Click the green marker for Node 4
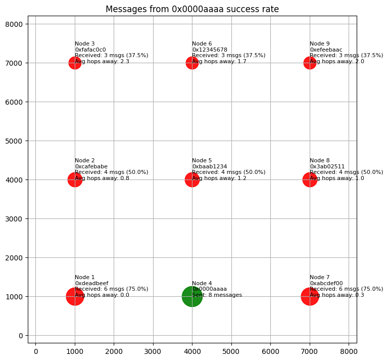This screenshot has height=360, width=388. point(192,297)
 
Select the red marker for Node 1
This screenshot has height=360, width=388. point(75,297)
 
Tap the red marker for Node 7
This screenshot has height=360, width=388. point(310,297)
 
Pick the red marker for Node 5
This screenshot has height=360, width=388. point(192,179)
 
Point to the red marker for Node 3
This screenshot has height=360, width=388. point(75,63)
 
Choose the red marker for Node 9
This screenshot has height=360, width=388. point(310,63)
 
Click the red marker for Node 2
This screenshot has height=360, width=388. point(75,179)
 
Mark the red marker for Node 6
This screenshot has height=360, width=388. point(192,63)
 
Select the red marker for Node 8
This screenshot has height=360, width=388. point(310,179)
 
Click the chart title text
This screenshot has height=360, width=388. point(192,9)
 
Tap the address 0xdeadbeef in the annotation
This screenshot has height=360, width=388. point(91,283)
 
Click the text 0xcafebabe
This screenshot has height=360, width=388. point(91,166)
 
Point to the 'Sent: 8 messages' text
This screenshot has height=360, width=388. point(217,295)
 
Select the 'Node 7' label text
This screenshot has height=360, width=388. point(319,277)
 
